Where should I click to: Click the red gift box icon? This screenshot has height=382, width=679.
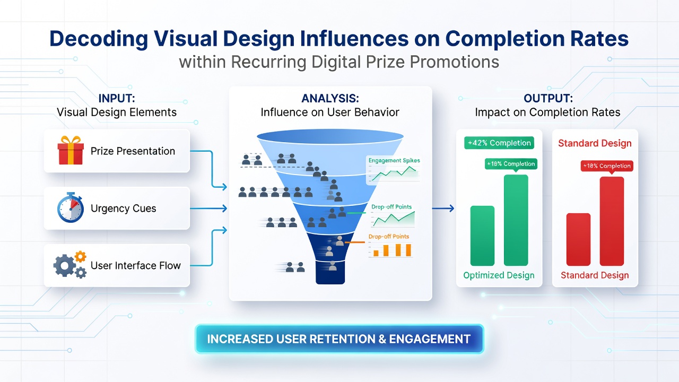(71, 150)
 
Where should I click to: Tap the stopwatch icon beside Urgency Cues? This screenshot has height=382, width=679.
(71, 207)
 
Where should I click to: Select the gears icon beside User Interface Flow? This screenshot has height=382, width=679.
(70, 265)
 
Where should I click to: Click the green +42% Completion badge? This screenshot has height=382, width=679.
(499, 143)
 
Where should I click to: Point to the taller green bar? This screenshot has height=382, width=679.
(516, 220)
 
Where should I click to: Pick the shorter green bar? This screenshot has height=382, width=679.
(482, 236)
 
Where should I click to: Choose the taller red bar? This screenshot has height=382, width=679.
(612, 221)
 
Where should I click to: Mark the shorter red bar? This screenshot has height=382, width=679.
(578, 239)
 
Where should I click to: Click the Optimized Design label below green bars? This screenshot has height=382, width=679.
(499, 275)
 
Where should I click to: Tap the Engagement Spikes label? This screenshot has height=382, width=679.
(394, 160)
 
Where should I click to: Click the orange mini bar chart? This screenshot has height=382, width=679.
(391, 250)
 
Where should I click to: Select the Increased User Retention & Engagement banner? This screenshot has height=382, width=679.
(339, 339)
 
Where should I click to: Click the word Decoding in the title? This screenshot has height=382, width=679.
(99, 39)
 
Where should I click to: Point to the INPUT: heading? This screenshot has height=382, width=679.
(117, 98)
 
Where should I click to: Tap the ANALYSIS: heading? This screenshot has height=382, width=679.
(330, 98)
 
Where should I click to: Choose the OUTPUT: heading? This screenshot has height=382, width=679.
(548, 98)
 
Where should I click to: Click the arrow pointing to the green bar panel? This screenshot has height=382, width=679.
(443, 209)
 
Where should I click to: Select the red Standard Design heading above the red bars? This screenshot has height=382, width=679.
(595, 143)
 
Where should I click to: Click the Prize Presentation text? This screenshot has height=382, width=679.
(133, 151)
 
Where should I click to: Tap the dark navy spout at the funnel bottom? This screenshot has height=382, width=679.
(330, 272)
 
